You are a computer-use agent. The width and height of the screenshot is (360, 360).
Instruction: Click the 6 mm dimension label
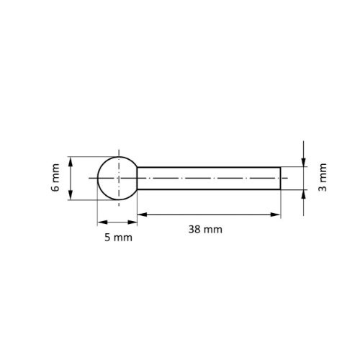(x=56, y=178)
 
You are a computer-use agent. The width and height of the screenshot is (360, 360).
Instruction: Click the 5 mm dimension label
(x=117, y=237)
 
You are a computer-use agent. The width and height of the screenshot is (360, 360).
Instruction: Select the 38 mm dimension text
(x=205, y=230)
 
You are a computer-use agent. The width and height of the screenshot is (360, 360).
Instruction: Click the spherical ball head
(x=117, y=178)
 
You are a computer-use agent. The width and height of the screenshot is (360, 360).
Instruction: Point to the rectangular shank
(x=209, y=179)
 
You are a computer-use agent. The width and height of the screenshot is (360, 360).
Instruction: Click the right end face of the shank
(x=280, y=179)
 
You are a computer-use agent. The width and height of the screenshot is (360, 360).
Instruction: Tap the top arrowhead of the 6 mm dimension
(x=71, y=161)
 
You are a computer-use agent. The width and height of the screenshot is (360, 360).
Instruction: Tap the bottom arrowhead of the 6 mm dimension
(x=71, y=196)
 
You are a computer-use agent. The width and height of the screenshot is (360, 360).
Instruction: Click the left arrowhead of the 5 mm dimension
(x=101, y=222)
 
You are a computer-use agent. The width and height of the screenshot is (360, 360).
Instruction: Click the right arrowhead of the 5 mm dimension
(x=133, y=222)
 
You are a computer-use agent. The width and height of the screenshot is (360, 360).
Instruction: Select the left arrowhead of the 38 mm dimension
(x=141, y=214)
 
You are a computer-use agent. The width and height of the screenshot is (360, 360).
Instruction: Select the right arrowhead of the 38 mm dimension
(x=276, y=214)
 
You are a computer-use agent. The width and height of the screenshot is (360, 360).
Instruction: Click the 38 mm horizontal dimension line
(x=209, y=214)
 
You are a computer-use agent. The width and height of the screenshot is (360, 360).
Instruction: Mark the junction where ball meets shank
(x=137, y=179)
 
